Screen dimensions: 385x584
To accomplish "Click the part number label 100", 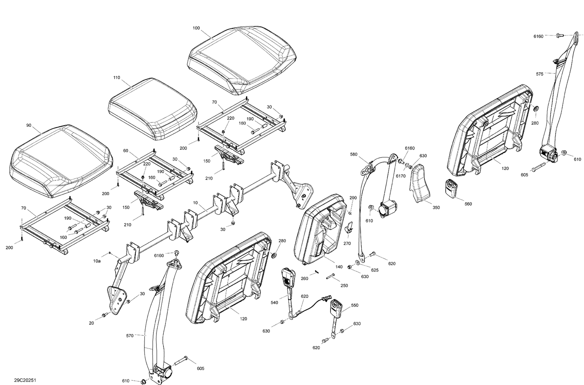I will click(196, 28).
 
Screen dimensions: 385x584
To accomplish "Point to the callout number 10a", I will click(97, 262).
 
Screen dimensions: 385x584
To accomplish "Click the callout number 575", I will click(539, 74).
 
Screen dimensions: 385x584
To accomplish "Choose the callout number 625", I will click(375, 269).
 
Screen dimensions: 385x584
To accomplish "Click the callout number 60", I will click(125, 150).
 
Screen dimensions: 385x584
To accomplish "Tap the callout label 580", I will click(354, 154).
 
